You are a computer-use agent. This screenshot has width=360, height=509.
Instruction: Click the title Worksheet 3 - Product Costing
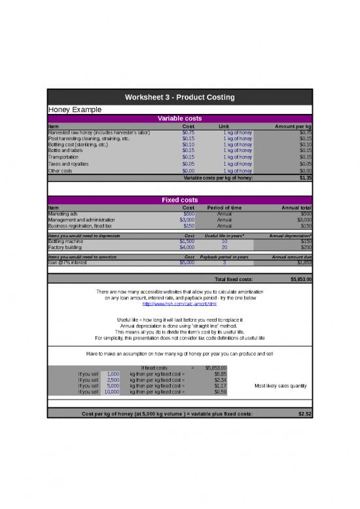pyautogui.click(x=180, y=98)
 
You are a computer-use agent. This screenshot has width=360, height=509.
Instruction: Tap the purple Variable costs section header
pyautogui.click(x=180, y=119)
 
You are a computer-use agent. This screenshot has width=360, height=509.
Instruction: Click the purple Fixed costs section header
pyautogui.click(x=180, y=200)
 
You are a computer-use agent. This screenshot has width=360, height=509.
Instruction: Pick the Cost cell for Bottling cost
pyautogui.click(x=188, y=144)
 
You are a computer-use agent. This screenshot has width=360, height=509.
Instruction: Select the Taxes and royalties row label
pyautogui.click(x=69, y=164)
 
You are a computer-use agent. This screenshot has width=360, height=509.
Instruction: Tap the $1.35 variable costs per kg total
pyautogui.click(x=304, y=178)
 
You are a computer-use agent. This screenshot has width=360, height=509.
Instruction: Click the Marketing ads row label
pyautogui.click(x=63, y=213)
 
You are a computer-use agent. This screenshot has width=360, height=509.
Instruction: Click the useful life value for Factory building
pyautogui.click(x=224, y=247)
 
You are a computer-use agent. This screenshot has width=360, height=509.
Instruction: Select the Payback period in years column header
pyautogui.click(x=224, y=257)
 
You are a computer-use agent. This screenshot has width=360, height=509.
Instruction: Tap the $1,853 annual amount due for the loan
pyautogui.click(x=302, y=263)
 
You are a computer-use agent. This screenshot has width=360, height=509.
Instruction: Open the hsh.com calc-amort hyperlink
pyautogui.click(x=179, y=304)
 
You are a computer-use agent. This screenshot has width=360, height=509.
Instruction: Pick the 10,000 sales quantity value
pyautogui.click(x=111, y=392)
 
